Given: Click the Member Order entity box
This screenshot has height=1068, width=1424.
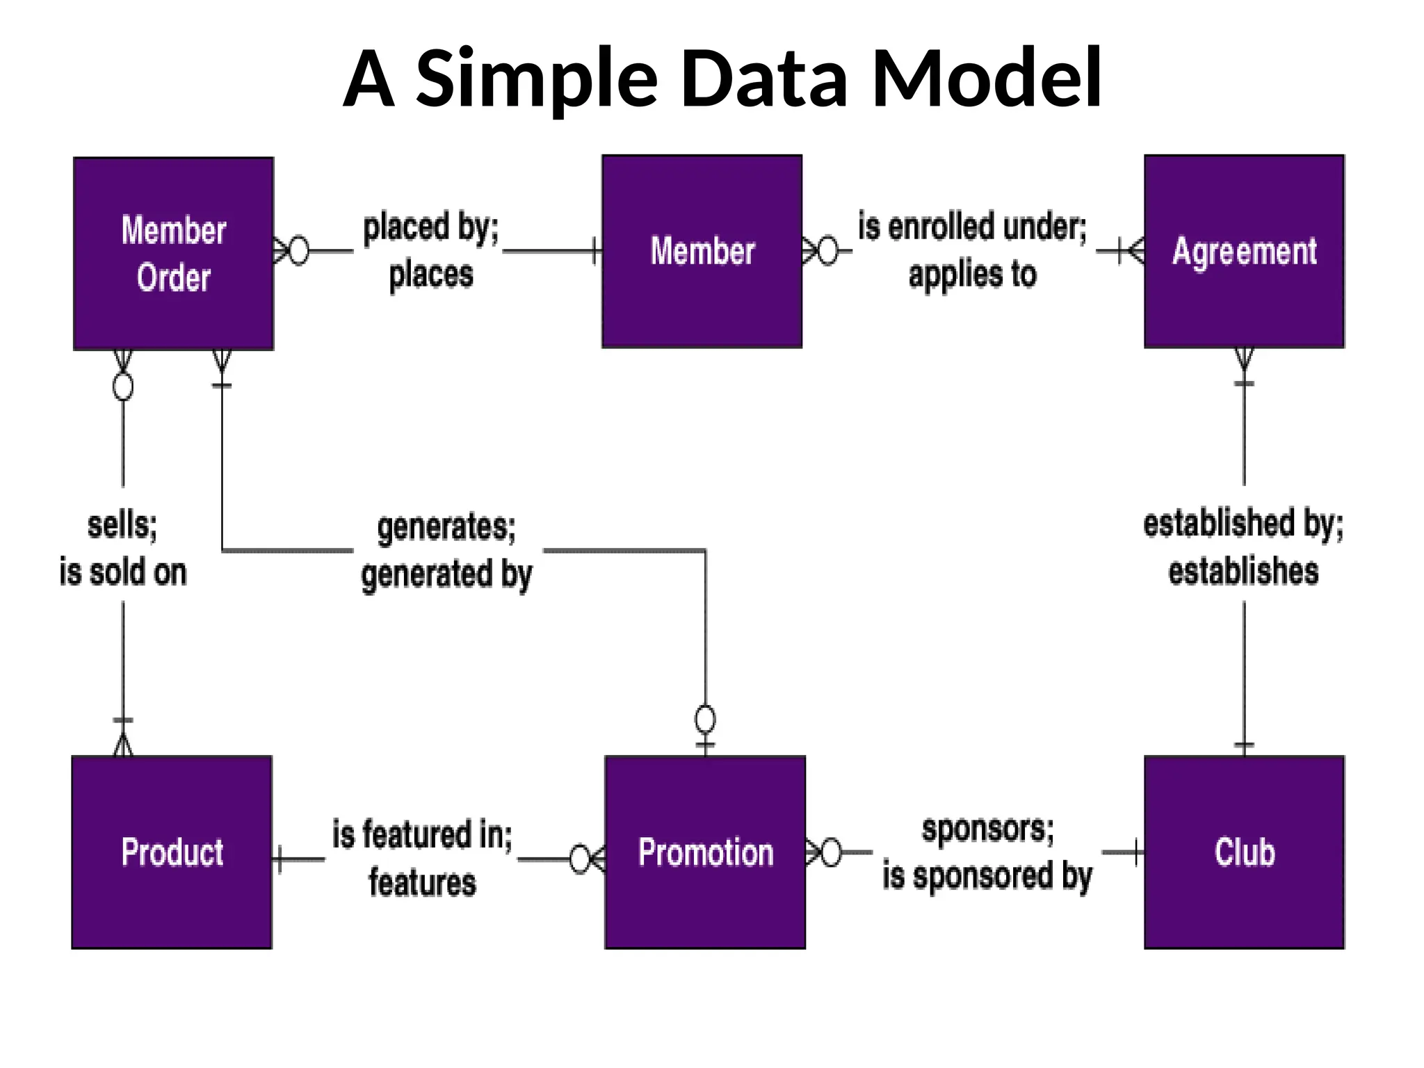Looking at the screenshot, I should click(x=173, y=253).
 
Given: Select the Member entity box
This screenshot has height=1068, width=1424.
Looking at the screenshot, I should click(x=702, y=251).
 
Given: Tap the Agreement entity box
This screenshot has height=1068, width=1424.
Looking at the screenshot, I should click(x=1244, y=251).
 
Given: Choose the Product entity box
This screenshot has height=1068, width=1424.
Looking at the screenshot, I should click(x=172, y=852).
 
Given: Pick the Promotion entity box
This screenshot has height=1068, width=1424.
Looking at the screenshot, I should click(x=705, y=852).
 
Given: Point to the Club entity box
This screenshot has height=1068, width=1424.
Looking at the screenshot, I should click(x=1244, y=852).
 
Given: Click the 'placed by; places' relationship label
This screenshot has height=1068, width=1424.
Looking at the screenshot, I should click(x=430, y=250).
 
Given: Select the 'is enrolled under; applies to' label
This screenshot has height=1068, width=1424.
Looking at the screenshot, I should click(x=972, y=250).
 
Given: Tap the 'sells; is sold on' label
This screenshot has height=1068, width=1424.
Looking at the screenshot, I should click(x=123, y=549).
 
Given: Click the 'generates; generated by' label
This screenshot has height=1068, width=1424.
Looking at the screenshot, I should click(x=446, y=551).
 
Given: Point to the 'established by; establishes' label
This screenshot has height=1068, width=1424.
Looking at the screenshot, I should click(x=1243, y=547).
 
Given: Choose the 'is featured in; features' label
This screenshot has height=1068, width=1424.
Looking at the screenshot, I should click(x=422, y=858).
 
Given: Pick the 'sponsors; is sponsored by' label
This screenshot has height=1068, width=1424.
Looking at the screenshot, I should click(x=987, y=852).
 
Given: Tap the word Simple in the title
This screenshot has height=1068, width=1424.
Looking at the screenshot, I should click(x=536, y=78).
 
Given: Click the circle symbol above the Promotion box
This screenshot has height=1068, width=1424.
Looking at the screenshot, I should click(x=705, y=719).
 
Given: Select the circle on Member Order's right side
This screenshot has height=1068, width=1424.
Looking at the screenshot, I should click(x=298, y=250).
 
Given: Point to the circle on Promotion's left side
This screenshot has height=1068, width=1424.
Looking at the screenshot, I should click(x=580, y=859).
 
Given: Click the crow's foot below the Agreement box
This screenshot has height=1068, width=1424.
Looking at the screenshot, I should click(x=1244, y=359).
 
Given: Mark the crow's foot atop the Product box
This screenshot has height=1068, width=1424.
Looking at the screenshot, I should click(x=123, y=743).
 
